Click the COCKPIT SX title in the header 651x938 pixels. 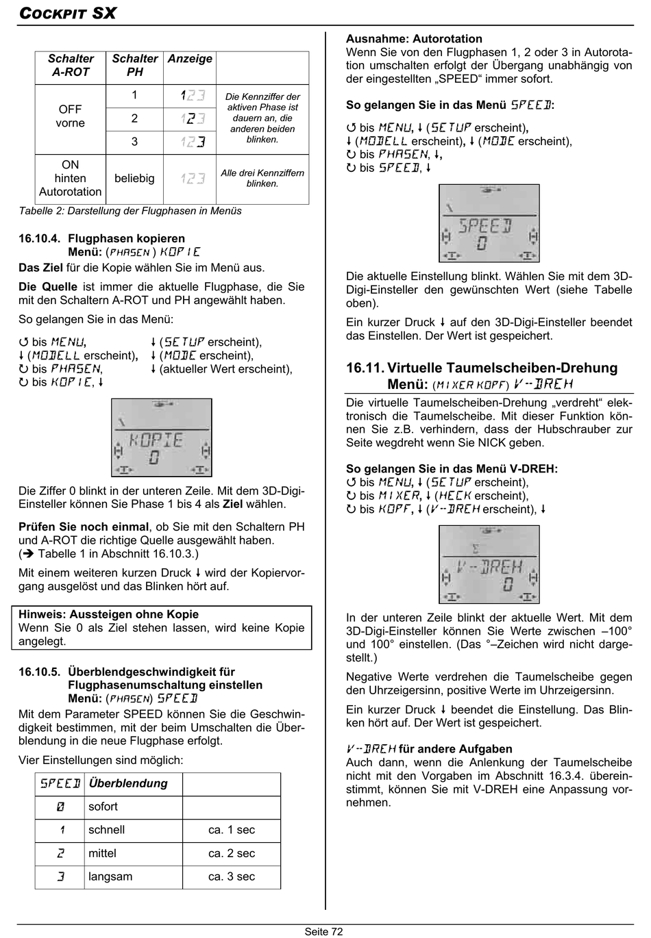pos(67,13)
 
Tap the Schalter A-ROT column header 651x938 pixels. pos(71,65)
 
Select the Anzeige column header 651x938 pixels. pos(190,59)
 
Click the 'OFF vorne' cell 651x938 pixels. pos(71,116)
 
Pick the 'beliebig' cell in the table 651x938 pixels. pos(134,178)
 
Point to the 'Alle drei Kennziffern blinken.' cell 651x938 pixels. pos(262,178)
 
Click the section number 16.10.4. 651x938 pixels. pos(39,238)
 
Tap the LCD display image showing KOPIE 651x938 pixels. pos(162,438)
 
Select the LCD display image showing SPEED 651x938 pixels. pos(489,223)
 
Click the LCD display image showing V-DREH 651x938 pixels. pos(489,564)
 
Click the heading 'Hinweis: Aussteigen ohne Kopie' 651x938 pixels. pos(108,614)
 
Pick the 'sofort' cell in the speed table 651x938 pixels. pos(103,807)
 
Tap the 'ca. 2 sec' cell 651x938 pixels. pos(232,853)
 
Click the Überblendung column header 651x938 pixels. pos(128,783)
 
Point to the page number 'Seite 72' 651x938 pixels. pos(324,931)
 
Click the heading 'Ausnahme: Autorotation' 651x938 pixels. pos(414,39)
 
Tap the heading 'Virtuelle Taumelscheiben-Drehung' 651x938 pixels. pos(502,368)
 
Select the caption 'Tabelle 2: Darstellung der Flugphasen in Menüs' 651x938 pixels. pos(130,211)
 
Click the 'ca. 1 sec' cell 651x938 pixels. pos(232,830)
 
